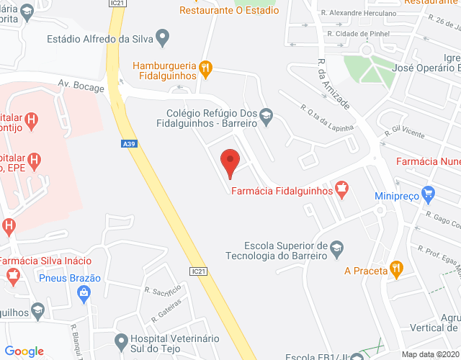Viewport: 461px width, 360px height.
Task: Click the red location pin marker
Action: click(230, 161)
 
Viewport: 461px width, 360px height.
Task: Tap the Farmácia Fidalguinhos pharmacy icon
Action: click(342, 191)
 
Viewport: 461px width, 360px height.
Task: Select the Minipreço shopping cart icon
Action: click(429, 193)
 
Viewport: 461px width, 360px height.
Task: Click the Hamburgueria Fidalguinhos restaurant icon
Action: click(205, 69)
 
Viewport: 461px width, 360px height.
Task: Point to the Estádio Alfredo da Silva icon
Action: click(163, 36)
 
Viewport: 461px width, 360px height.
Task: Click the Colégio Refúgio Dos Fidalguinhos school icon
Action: click(266, 117)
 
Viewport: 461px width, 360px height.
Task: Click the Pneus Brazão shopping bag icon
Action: click(85, 292)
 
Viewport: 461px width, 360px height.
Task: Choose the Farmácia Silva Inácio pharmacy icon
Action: click(12, 274)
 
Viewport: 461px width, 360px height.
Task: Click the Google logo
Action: click(24, 351)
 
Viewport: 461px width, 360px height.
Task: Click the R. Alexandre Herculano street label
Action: click(359, 13)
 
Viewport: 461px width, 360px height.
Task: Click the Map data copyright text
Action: click(429, 354)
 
